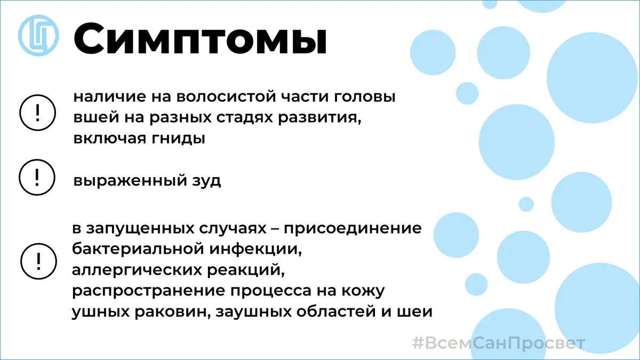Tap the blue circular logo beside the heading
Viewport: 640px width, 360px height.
tap(38, 35)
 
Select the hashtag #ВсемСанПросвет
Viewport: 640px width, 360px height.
tap(499, 343)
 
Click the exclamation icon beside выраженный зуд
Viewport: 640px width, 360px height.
tap(37, 178)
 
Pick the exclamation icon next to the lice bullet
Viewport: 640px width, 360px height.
tap(37, 113)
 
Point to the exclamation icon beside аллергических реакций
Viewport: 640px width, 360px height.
tap(38, 261)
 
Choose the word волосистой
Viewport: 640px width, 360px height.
tap(226, 97)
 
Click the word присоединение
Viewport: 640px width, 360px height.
tap(353, 229)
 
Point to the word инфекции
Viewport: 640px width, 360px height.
tap(256, 250)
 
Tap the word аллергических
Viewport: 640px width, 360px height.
tap(137, 270)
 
